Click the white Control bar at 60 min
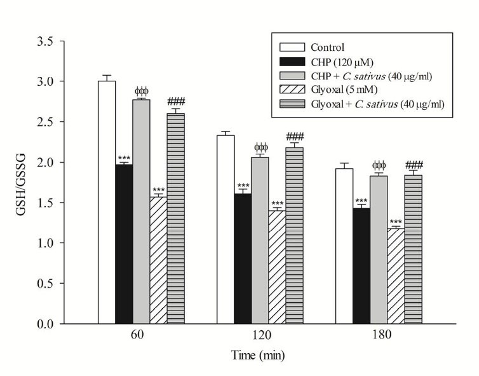point(107,203)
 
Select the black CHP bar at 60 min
point(124,245)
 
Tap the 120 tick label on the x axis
point(259,337)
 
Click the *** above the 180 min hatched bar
point(396,222)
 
